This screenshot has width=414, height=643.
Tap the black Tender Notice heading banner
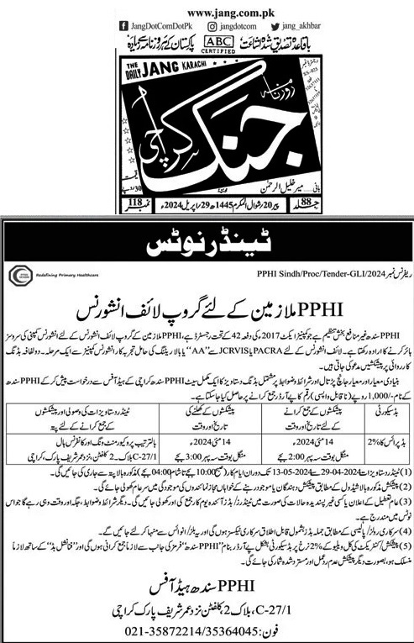pos(207,246)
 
